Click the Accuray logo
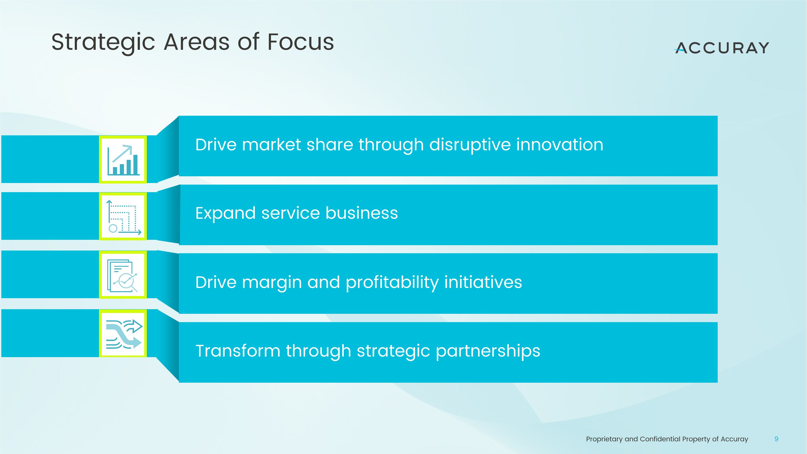point(721,48)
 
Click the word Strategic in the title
point(103,42)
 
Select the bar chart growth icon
point(123,160)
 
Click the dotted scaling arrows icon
point(123,216)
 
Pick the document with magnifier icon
point(123,275)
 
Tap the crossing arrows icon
point(123,333)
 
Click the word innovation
point(560,145)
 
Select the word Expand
point(226,213)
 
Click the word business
point(362,213)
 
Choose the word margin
point(272,282)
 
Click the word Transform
point(238,351)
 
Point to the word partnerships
point(488,351)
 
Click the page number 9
point(776,439)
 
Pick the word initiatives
point(483,282)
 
